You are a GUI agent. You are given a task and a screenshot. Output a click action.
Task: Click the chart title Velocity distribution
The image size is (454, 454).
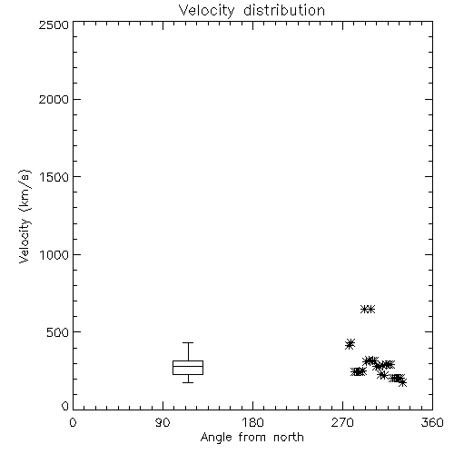252,11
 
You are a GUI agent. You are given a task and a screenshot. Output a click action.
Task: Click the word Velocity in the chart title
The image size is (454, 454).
206,11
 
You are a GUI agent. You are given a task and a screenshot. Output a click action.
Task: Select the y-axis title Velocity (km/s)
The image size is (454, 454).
25,216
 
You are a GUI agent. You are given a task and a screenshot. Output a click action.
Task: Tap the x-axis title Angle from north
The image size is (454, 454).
252,438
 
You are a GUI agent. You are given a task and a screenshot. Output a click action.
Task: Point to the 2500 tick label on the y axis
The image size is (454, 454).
54,25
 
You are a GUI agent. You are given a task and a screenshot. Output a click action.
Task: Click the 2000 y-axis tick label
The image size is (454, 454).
54,99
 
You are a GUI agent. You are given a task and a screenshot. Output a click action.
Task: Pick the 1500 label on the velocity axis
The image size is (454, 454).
54,177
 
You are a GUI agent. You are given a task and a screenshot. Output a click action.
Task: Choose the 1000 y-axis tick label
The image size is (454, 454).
54,254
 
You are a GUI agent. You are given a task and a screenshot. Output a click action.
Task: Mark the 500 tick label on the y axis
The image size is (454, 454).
58,332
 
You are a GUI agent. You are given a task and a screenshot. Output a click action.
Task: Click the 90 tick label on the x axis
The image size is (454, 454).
163,422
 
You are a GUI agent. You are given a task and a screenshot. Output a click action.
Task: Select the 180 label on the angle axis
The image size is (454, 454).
252,422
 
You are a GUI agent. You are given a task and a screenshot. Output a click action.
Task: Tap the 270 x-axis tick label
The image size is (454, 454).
342,422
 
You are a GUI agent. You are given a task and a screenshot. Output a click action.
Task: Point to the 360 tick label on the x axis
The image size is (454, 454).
432,422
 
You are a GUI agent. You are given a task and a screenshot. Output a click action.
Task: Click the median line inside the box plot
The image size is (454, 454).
188,366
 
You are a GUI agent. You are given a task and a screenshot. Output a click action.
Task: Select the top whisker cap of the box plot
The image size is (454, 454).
188,342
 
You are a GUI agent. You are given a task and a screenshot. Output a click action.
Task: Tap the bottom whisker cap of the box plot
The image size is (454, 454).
188,382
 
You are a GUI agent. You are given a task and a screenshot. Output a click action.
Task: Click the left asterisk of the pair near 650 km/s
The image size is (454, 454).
365,310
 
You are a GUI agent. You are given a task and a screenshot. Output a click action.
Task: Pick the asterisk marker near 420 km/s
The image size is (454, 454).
350,344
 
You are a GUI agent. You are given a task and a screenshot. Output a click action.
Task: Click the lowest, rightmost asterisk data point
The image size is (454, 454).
402,382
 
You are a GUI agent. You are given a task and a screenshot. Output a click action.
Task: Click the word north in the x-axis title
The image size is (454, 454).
289,438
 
